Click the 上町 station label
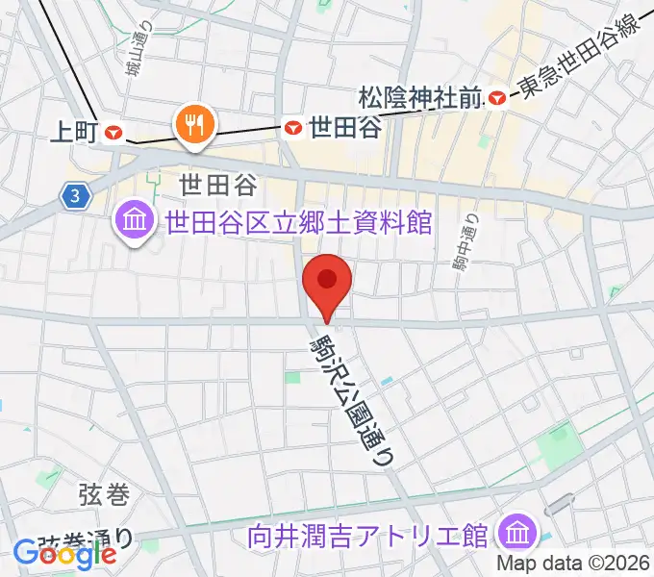[x=73, y=133]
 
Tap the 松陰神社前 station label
[x=419, y=97]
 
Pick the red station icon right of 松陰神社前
[x=497, y=96]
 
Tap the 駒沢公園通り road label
[x=352, y=395]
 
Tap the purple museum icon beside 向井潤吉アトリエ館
[x=517, y=530]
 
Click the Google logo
[x=65, y=553]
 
